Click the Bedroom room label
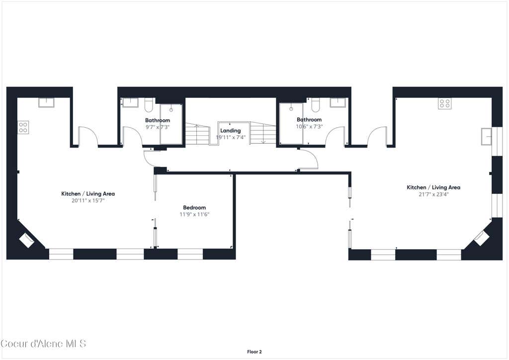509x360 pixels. point(194,207)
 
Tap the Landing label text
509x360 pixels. point(231,130)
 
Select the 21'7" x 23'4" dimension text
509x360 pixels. point(433,194)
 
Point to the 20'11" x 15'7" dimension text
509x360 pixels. point(88,200)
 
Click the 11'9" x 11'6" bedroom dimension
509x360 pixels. point(194,214)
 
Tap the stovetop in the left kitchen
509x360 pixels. point(23,127)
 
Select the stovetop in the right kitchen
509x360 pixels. point(444,103)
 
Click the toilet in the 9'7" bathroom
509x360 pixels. point(149,104)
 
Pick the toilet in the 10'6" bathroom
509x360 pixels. point(316,104)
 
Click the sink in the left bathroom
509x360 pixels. point(130,102)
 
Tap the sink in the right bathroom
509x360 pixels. point(338,102)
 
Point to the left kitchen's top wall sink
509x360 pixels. point(46,102)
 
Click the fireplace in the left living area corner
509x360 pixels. point(26,241)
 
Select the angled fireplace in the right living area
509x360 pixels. point(482,239)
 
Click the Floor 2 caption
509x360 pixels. point(254,352)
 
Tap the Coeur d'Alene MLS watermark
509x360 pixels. point(44,344)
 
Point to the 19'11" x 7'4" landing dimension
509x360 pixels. point(231,137)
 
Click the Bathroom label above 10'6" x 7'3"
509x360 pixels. point(309,119)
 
